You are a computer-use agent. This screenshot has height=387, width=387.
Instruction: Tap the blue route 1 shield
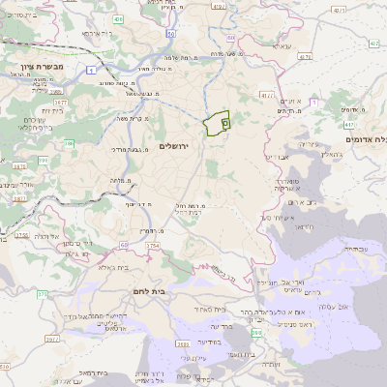[x=90, y=71]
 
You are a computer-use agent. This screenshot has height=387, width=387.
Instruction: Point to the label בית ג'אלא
[x=113, y=267]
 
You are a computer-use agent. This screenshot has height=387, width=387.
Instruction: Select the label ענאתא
[x=281, y=45]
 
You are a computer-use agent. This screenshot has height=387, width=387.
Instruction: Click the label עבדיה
[x=357, y=249]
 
